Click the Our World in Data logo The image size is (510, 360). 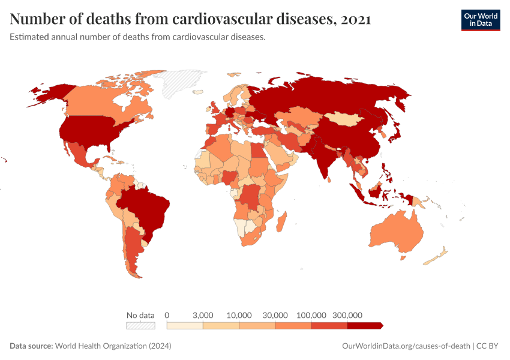[x=480, y=20]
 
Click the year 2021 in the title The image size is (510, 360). [x=355, y=19]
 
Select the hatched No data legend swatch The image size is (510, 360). [x=140, y=325]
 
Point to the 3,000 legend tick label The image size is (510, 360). [x=203, y=315]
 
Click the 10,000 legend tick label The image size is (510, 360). [x=239, y=315]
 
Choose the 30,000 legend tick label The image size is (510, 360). [x=275, y=315]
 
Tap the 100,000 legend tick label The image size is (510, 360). [x=311, y=315]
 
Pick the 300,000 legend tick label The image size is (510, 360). [x=347, y=315]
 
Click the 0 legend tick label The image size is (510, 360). [x=167, y=315]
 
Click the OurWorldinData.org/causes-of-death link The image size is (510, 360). [x=405, y=346]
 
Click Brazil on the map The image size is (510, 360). [x=147, y=207]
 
